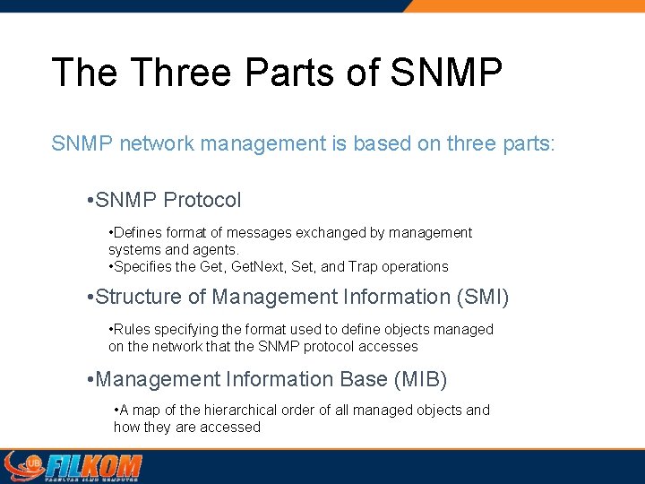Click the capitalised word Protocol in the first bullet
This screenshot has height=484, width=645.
click(202, 200)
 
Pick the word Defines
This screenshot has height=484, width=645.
click(138, 233)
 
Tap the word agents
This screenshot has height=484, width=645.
click(213, 250)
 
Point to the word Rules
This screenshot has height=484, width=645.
click(133, 330)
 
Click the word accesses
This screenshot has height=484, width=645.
click(390, 347)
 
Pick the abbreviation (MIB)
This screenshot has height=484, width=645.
click(420, 380)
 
